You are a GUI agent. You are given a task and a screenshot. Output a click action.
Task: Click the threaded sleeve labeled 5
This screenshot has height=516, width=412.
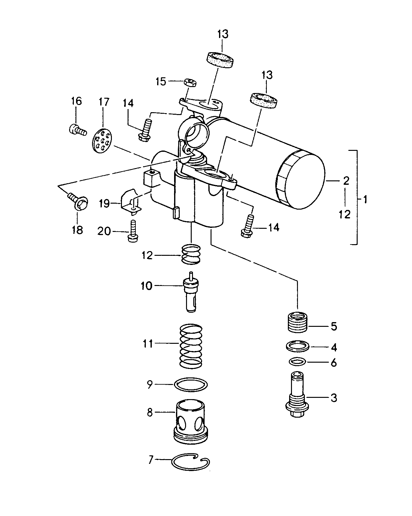pyautogui.click(x=298, y=322)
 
